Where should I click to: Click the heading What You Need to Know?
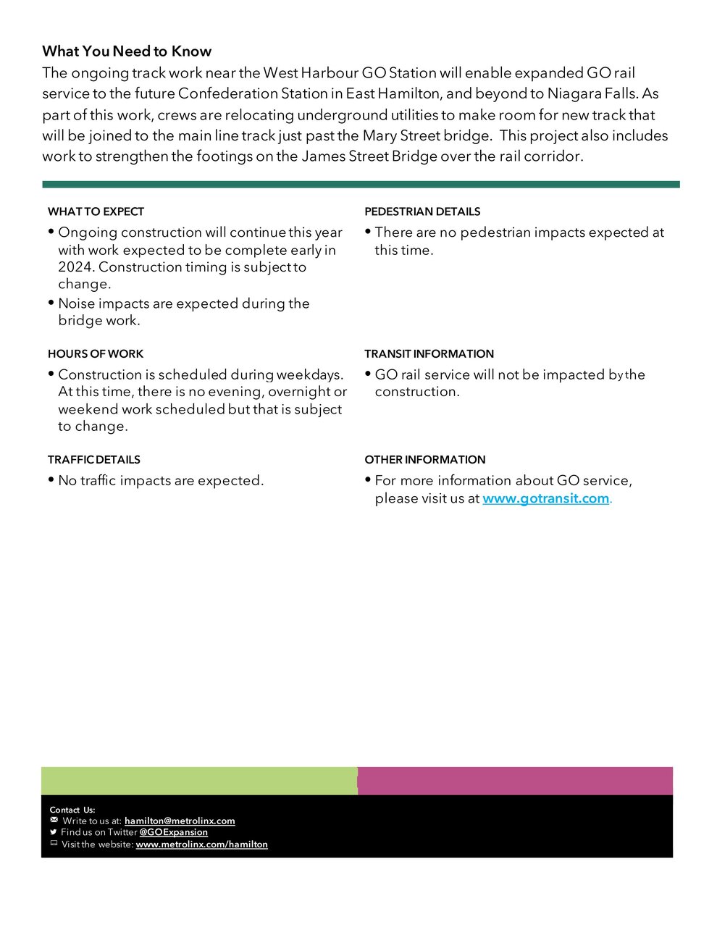[x=127, y=51]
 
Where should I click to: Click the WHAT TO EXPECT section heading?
[x=96, y=211]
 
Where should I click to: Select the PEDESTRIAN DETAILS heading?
[x=422, y=211]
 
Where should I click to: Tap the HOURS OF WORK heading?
[x=96, y=353]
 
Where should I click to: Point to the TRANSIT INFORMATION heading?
[x=429, y=353]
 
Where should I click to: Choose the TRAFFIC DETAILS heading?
[x=94, y=459]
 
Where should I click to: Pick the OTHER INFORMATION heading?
[x=424, y=459]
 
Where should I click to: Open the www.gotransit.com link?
[x=545, y=498]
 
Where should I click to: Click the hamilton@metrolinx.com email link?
[x=180, y=821]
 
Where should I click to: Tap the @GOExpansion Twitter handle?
[x=173, y=832]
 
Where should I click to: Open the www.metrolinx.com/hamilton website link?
[x=201, y=844]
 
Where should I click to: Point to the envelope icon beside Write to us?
[x=54, y=820]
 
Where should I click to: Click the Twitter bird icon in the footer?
[x=54, y=832]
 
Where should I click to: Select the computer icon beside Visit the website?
[x=54, y=844]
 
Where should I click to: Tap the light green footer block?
[x=199, y=781]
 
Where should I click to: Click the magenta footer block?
[x=515, y=781]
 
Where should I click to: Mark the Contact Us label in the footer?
[x=72, y=810]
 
